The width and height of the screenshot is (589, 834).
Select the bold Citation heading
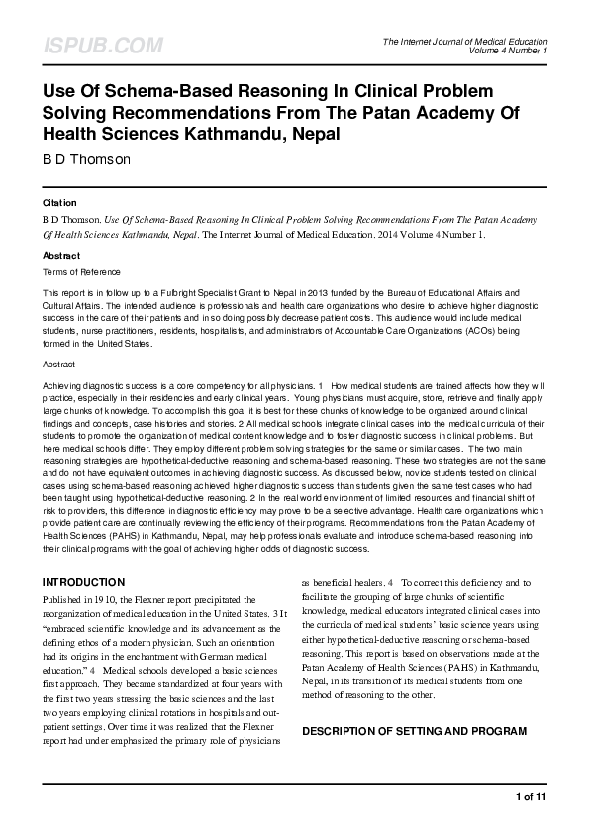pos(59,202)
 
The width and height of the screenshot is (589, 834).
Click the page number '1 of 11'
pos(531,796)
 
